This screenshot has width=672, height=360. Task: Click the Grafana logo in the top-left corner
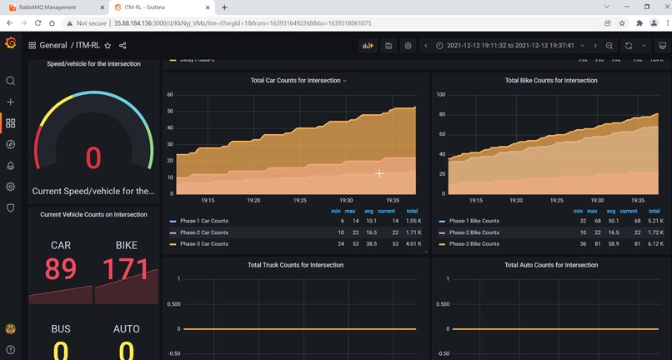[11, 43]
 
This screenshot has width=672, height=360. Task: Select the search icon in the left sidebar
[11, 81]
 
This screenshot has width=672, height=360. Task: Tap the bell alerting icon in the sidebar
[11, 165]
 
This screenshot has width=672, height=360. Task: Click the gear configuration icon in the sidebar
[11, 187]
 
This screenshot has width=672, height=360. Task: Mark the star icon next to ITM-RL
[108, 46]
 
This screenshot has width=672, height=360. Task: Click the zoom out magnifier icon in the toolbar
[609, 46]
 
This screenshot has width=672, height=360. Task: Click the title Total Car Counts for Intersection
[296, 81]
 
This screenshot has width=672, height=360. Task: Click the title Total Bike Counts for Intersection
[551, 81]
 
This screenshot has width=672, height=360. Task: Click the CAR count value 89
[61, 268]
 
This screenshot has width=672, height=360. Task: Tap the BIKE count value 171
[126, 268]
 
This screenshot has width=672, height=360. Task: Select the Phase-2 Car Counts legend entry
[203, 232]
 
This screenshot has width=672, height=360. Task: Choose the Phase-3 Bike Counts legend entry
[474, 243]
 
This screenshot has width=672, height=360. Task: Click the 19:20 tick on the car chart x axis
[253, 201]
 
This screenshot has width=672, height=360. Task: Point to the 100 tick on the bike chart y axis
[440, 95]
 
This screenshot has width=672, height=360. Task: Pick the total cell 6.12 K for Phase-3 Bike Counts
[654, 243]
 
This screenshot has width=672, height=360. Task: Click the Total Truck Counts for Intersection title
[296, 265]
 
